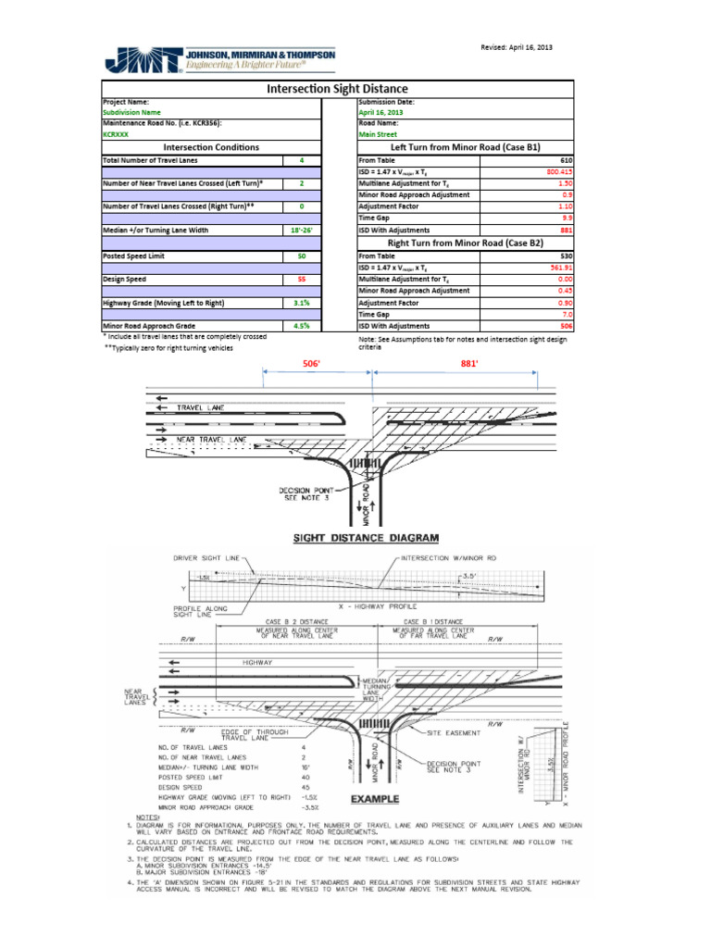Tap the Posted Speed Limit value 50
(302, 256)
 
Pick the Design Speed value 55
(302, 279)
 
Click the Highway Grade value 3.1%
(302, 303)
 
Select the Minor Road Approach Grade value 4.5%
(302, 326)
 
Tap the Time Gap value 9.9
(567, 218)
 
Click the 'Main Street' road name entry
(377, 134)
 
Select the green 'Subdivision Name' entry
(131, 112)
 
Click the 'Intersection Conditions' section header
(211, 147)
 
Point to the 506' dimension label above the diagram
(312, 365)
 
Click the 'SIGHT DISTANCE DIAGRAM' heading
(366, 538)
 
